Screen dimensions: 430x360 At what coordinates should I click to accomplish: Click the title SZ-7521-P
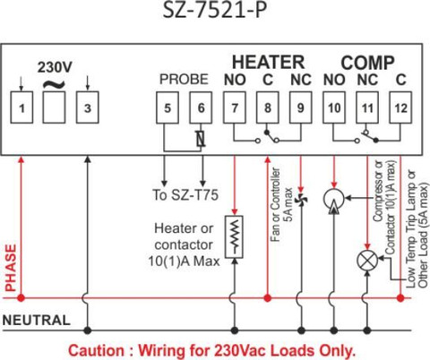(x=214, y=11)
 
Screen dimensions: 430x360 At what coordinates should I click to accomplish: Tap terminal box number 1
(x=21, y=107)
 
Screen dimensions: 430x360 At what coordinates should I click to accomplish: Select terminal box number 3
(x=87, y=107)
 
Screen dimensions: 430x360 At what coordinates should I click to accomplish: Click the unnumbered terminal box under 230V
(x=54, y=107)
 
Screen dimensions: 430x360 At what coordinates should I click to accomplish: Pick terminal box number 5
(x=168, y=107)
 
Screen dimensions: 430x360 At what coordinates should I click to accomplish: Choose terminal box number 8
(x=268, y=107)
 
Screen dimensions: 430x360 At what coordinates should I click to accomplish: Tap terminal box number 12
(x=400, y=107)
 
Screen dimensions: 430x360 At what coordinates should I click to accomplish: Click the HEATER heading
(x=268, y=62)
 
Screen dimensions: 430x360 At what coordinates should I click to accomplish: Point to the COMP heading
(x=367, y=63)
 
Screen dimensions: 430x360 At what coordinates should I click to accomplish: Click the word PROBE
(x=184, y=79)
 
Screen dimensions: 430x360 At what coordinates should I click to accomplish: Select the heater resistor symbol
(x=235, y=237)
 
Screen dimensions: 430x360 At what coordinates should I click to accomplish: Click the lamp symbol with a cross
(x=367, y=261)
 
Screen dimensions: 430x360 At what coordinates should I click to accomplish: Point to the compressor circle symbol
(x=334, y=199)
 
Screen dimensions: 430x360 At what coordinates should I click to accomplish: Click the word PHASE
(x=11, y=268)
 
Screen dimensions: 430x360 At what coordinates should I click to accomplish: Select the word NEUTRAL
(x=36, y=321)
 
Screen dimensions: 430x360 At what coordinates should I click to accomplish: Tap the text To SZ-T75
(x=185, y=195)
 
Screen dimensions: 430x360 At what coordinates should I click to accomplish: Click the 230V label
(x=55, y=67)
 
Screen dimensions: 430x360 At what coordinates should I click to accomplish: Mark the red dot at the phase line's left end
(x=21, y=297)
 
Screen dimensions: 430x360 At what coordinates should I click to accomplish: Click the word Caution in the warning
(x=96, y=350)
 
